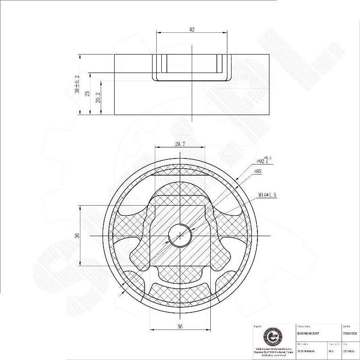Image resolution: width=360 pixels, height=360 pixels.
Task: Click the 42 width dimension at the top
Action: (x=192, y=30)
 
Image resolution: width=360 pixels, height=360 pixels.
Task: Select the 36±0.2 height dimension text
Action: (x=77, y=85)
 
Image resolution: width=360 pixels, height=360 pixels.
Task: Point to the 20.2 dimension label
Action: (x=98, y=98)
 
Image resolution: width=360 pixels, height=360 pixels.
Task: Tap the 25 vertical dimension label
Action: (x=87, y=93)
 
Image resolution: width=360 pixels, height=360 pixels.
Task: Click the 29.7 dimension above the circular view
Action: (x=180, y=144)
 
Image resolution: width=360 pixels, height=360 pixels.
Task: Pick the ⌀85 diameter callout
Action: (x=258, y=171)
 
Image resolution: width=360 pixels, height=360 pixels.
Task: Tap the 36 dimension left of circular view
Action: (x=77, y=235)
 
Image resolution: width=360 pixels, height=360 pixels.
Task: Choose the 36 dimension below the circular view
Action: (x=180, y=326)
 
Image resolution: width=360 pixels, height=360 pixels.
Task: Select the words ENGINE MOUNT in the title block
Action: (x=309, y=333)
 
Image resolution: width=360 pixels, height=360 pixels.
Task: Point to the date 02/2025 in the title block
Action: (x=349, y=351)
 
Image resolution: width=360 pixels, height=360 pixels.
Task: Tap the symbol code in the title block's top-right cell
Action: (x=350, y=333)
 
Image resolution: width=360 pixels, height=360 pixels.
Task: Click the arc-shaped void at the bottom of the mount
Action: (x=180, y=283)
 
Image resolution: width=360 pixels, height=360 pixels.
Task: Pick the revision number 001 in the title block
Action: (x=331, y=351)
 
